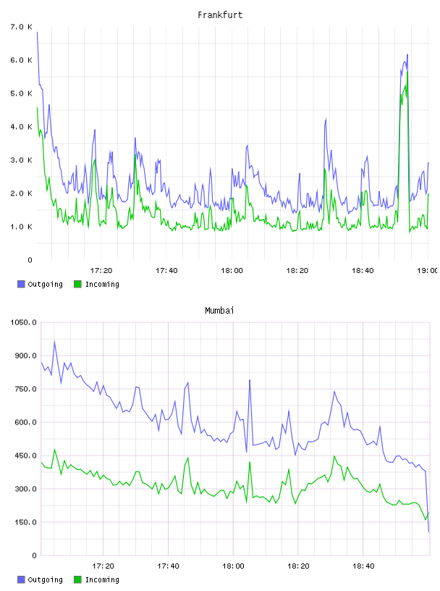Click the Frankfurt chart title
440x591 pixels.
tap(220, 15)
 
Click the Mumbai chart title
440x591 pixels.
tap(219, 311)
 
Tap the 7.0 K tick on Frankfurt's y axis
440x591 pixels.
tap(21, 27)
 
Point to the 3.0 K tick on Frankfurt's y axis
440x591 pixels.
tap(21, 160)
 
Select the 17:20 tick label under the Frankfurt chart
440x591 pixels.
tap(101, 271)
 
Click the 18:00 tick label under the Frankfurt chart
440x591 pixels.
tap(232, 271)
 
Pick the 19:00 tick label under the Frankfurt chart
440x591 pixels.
tap(427, 271)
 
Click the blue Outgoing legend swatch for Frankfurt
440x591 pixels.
tap(21, 284)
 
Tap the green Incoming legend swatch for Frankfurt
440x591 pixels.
tap(77, 284)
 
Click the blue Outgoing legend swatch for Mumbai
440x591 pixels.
tap(21, 579)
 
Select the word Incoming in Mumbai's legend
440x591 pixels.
tap(102, 580)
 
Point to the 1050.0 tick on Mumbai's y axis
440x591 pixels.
tap(23, 322)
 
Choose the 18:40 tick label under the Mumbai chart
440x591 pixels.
tap(363, 566)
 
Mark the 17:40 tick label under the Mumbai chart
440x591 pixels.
tap(168, 566)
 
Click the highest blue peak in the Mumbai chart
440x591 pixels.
tap(54, 341)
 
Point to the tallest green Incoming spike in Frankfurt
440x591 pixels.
tap(407, 72)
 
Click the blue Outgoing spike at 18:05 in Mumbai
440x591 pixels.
tap(250, 380)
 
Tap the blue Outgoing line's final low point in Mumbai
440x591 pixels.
tap(428, 532)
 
